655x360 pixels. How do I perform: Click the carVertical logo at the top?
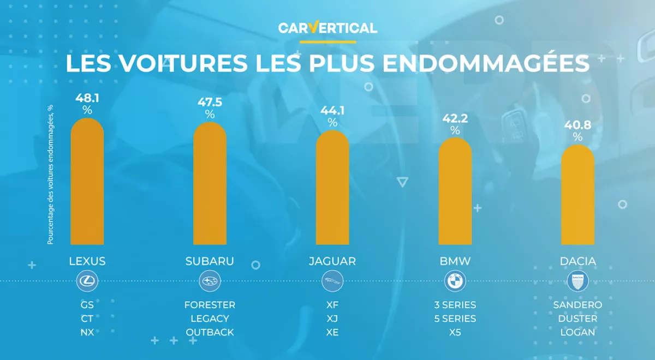coord(327,28)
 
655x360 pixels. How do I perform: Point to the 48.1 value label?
coord(87,98)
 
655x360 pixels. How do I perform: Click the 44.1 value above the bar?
coord(332,111)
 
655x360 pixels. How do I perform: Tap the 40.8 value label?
coord(577,125)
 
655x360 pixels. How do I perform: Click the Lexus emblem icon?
coord(87,282)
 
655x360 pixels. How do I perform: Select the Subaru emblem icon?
coord(210,282)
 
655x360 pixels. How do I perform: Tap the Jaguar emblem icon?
coord(332,282)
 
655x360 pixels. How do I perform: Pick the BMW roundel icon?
coord(455,282)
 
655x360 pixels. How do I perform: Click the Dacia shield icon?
coord(577,282)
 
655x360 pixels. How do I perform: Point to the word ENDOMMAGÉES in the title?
coord(486,63)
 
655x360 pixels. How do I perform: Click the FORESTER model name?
coord(210,305)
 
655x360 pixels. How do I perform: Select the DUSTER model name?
coord(577,319)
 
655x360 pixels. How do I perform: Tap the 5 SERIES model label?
coord(455,319)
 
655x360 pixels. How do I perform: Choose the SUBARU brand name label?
coord(210,261)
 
